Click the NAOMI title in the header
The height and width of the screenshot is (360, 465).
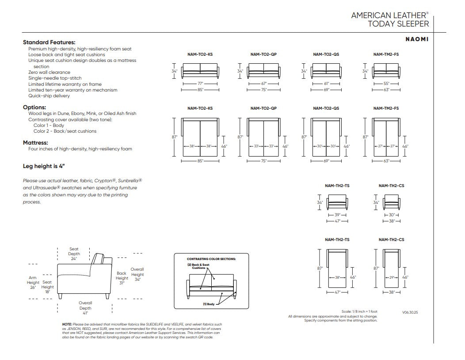[x=417, y=39]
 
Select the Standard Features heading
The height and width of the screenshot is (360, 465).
[x=49, y=42]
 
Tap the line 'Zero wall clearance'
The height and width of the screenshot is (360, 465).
[x=49, y=72]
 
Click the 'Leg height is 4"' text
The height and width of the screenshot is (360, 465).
[x=44, y=166]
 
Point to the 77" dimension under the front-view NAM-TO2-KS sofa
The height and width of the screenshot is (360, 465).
[x=201, y=84]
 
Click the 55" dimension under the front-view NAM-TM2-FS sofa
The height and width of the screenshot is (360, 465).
[x=386, y=84]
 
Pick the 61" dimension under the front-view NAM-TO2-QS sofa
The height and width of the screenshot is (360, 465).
[x=327, y=84]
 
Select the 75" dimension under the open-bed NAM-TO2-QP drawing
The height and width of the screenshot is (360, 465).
[x=263, y=161]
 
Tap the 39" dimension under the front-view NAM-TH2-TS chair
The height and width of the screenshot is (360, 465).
[x=338, y=215]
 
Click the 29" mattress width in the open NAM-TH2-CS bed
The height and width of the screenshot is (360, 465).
[x=392, y=277]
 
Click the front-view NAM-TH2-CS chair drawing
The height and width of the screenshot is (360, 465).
[x=392, y=202]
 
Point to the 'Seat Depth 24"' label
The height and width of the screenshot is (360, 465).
[x=74, y=254]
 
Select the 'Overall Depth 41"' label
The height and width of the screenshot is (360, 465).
[x=85, y=308]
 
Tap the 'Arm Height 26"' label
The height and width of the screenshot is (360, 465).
[x=33, y=283]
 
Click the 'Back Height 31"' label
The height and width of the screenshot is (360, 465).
[x=122, y=278]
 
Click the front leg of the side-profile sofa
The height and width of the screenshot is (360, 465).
[x=61, y=296]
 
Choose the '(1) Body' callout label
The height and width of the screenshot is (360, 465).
[x=209, y=304]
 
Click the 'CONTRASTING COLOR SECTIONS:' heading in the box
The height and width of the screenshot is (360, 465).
[x=211, y=259]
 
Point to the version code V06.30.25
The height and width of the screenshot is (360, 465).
[x=410, y=313]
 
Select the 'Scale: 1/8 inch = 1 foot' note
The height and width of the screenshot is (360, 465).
[x=359, y=312]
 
